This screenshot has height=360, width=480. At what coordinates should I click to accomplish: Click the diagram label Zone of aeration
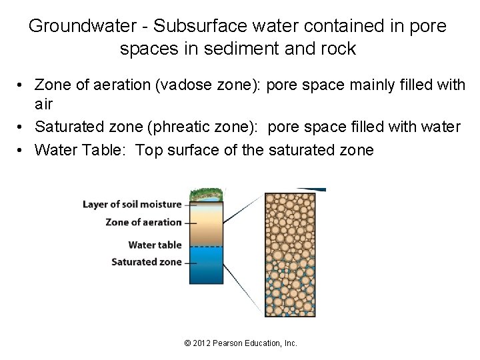[143, 223]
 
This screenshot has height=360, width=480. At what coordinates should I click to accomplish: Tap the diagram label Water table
[155, 245]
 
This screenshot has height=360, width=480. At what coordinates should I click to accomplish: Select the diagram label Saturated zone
[146, 262]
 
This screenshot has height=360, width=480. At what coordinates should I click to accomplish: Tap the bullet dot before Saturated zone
[22, 127]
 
